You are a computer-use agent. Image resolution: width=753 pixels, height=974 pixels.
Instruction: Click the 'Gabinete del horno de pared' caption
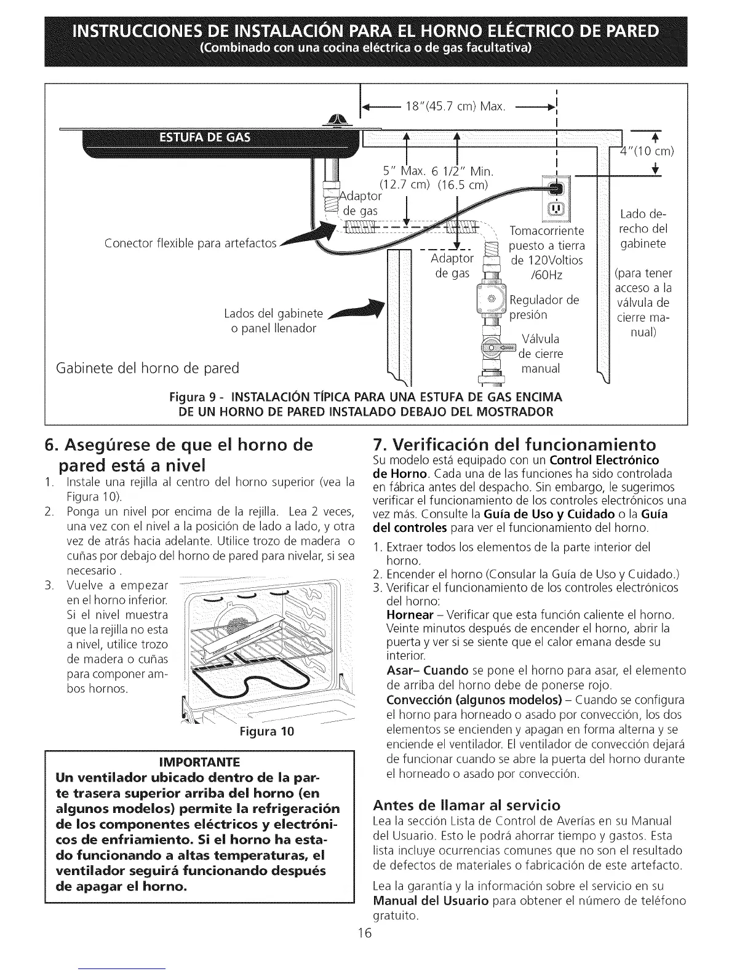[x=147, y=368]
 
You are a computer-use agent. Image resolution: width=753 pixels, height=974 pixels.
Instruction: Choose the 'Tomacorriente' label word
[x=546, y=231]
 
